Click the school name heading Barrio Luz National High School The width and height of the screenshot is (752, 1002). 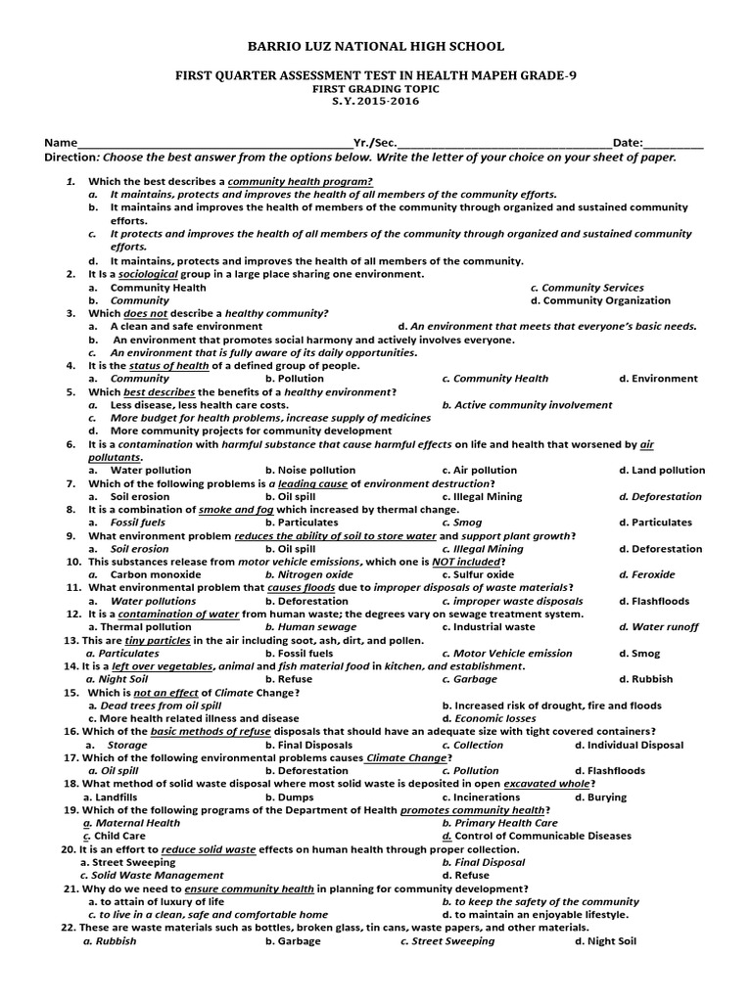376,46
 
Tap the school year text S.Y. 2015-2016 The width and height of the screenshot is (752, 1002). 376,101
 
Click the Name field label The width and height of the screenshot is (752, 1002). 60,143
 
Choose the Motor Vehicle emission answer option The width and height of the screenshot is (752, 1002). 506,653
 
